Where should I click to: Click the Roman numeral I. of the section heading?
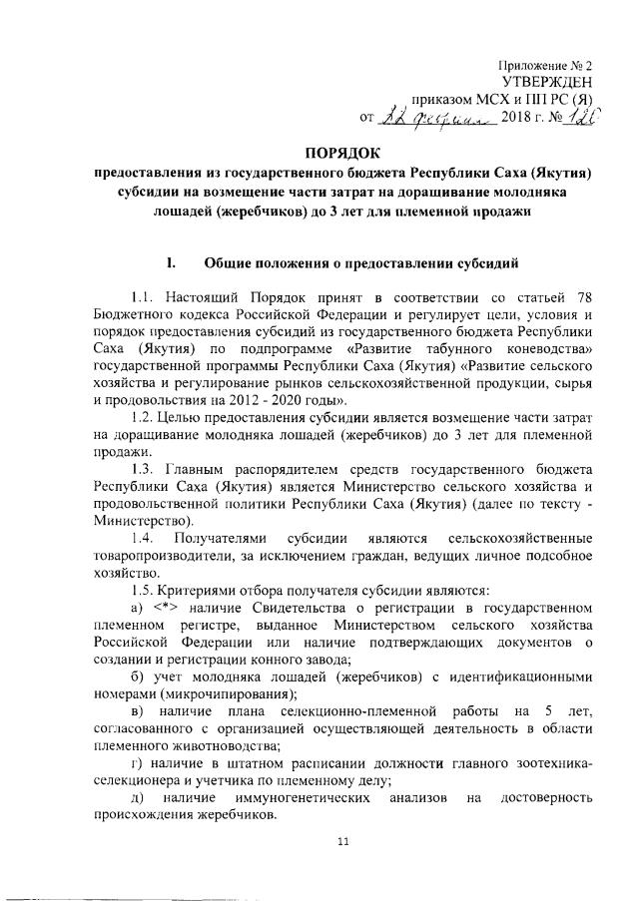pyautogui.click(x=171, y=263)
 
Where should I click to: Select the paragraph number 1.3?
pyautogui.click(x=144, y=466)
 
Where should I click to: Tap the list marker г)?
pyautogui.click(x=137, y=762)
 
